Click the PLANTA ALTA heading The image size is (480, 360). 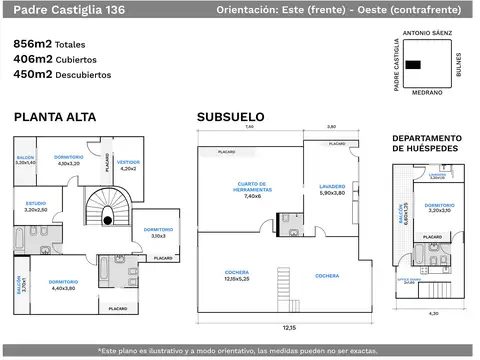click(55, 118)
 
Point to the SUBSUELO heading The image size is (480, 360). click(230, 118)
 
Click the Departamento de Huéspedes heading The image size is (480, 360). click(426, 143)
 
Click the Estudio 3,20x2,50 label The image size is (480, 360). click(35, 208)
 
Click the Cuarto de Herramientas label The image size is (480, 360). click(251, 192)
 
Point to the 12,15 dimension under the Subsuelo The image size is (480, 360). click(288, 327)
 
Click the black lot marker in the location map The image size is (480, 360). click(412, 65)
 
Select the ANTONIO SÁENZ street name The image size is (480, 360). click(427, 33)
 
